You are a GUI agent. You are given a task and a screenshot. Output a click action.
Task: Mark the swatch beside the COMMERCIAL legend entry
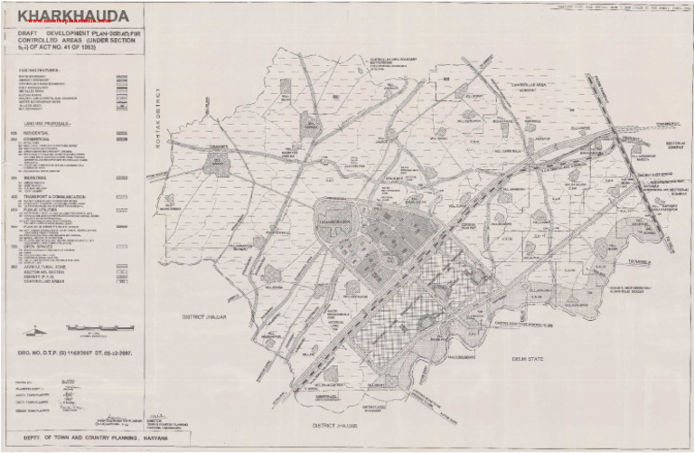120,140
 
